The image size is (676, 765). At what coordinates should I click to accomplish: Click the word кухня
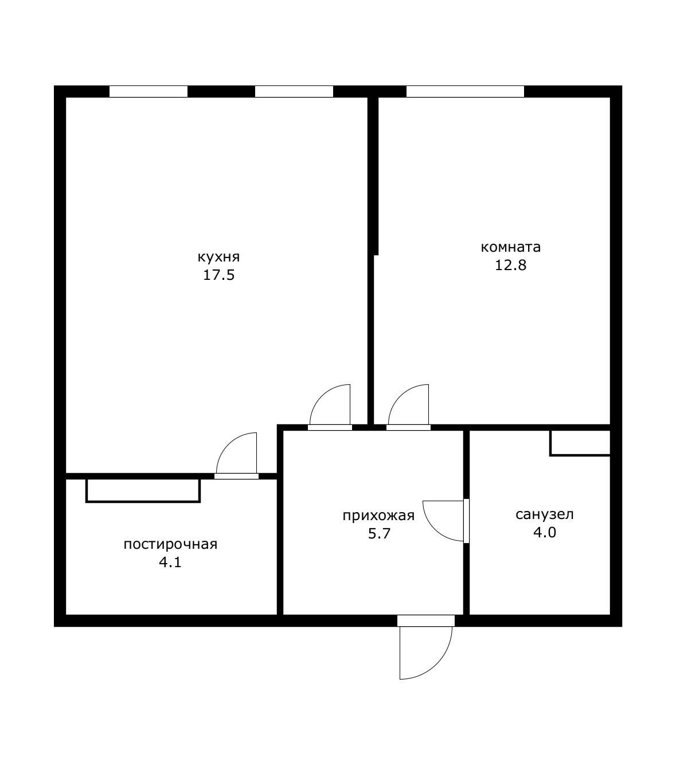tap(218, 257)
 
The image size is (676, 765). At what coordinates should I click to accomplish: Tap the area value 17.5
tap(219, 275)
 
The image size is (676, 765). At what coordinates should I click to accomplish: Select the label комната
tap(511, 247)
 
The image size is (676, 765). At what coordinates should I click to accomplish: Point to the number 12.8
tap(511, 265)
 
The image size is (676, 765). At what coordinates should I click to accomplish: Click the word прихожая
tap(378, 516)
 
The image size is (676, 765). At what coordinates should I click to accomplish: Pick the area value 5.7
tap(379, 533)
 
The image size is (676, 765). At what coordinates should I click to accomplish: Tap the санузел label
tap(545, 514)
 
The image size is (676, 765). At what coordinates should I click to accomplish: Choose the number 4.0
tap(545, 532)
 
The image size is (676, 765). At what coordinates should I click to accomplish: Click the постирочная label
tap(170, 544)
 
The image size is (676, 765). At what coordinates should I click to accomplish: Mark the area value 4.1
tap(170, 563)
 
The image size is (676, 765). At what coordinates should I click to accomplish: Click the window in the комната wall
tap(465, 91)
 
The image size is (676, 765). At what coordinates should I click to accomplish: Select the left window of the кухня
tap(149, 91)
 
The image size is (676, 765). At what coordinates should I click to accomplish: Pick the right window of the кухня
tap(294, 91)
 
